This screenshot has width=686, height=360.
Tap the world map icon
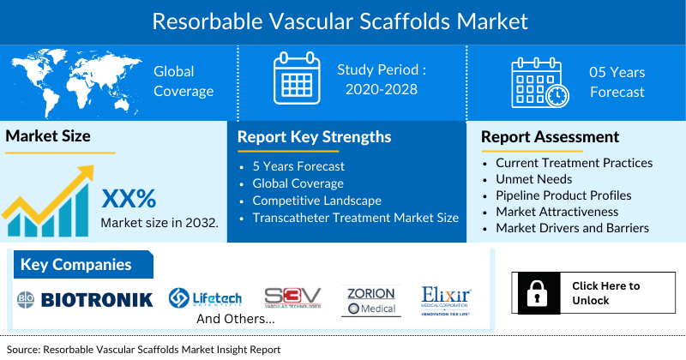[x=72, y=81]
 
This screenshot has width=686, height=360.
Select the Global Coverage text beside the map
[x=174, y=81]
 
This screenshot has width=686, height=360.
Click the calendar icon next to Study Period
[x=296, y=79]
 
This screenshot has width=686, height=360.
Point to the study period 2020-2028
[x=382, y=89]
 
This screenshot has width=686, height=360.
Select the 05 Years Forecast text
[x=617, y=81]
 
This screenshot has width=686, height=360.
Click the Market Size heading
[x=48, y=135]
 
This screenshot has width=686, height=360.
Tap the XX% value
[x=129, y=199]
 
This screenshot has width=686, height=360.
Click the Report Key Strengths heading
[x=314, y=137]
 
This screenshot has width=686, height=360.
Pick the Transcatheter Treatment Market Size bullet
[x=355, y=218]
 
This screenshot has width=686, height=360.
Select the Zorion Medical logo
[x=370, y=300]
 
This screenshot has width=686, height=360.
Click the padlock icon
[x=538, y=293]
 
